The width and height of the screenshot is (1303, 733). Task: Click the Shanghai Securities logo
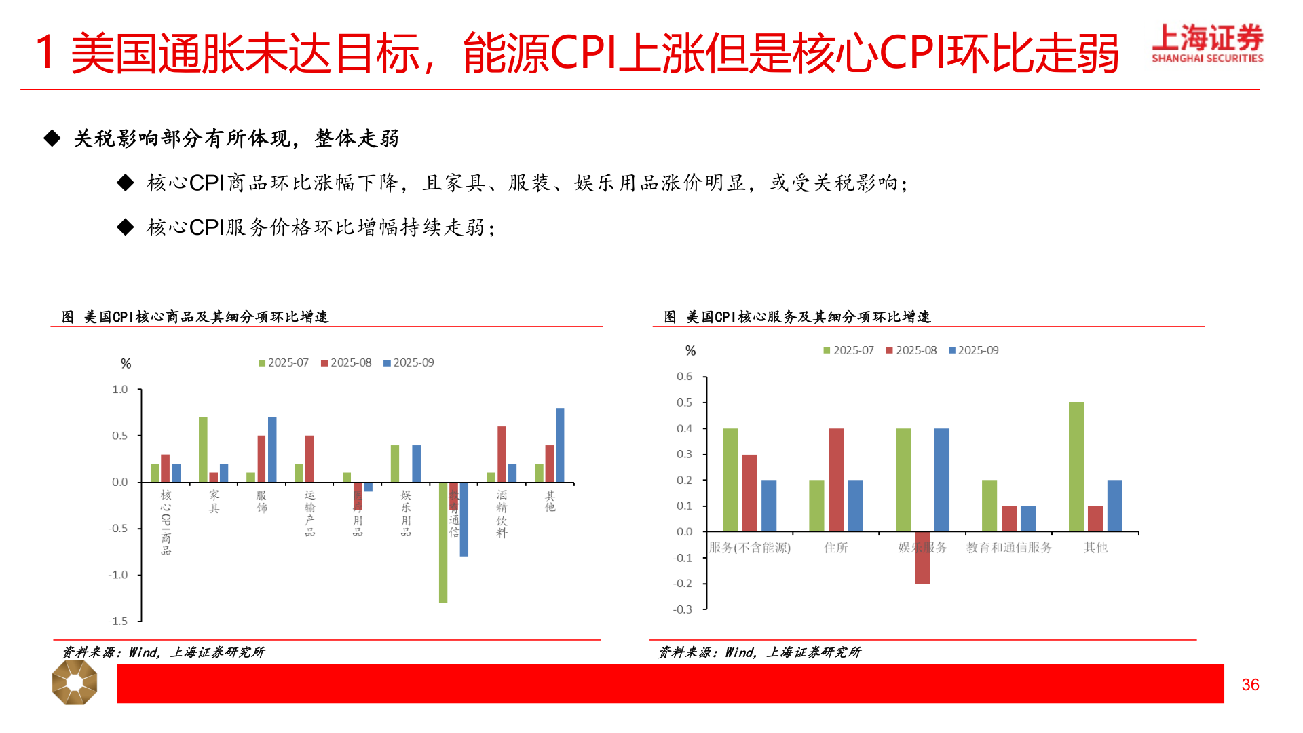[x=1207, y=43]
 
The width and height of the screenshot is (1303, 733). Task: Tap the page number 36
[x=1250, y=685]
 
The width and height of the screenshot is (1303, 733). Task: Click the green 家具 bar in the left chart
[x=203, y=449]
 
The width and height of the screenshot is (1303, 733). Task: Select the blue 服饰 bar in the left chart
[x=272, y=449]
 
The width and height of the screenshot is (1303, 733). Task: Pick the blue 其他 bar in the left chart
[x=560, y=445]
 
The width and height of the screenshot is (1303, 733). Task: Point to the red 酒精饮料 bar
[x=502, y=454]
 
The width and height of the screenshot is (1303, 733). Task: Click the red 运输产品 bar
[x=309, y=459]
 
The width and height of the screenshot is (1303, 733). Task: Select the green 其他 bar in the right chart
[x=1076, y=467]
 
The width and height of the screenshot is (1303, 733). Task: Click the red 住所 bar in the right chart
[x=836, y=480]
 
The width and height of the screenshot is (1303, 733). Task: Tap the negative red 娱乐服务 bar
[x=922, y=558]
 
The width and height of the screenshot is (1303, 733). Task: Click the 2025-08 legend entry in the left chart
[x=347, y=363]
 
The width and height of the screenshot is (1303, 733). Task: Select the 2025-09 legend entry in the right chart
[x=974, y=350]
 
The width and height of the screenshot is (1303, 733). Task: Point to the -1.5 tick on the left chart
[x=118, y=621]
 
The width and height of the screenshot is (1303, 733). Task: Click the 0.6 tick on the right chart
[x=684, y=377]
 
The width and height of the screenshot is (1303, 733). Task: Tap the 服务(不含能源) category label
[x=750, y=548]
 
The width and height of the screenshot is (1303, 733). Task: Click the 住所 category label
[x=836, y=548]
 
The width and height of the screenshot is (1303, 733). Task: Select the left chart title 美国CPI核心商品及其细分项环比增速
[x=206, y=317]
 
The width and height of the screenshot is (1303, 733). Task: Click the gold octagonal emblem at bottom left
[x=75, y=683]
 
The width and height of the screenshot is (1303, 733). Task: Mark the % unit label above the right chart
[x=690, y=351]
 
